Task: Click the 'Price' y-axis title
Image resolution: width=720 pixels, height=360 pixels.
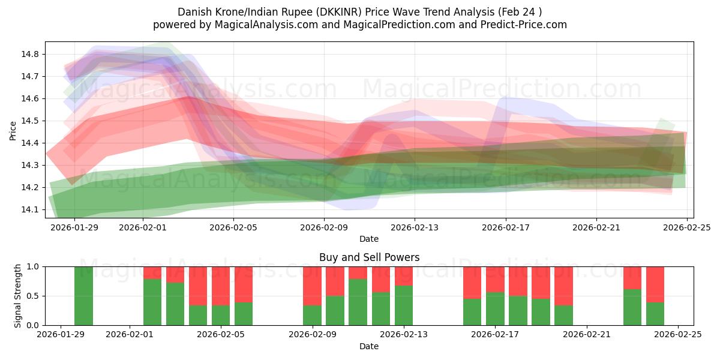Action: point(13,131)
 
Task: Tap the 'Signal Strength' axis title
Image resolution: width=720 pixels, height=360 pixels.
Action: point(18,296)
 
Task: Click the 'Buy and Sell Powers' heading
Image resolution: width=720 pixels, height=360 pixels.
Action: point(369,257)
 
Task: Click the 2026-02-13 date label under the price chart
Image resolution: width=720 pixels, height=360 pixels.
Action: point(415,227)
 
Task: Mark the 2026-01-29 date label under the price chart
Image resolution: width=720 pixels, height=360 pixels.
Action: point(75,227)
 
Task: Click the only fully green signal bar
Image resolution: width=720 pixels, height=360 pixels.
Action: point(83,296)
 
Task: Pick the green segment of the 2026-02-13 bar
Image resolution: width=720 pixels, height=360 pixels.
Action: point(404,305)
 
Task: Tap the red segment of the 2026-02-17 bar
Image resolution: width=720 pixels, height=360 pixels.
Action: point(495,279)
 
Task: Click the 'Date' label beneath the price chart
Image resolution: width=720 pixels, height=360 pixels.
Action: point(369,239)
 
